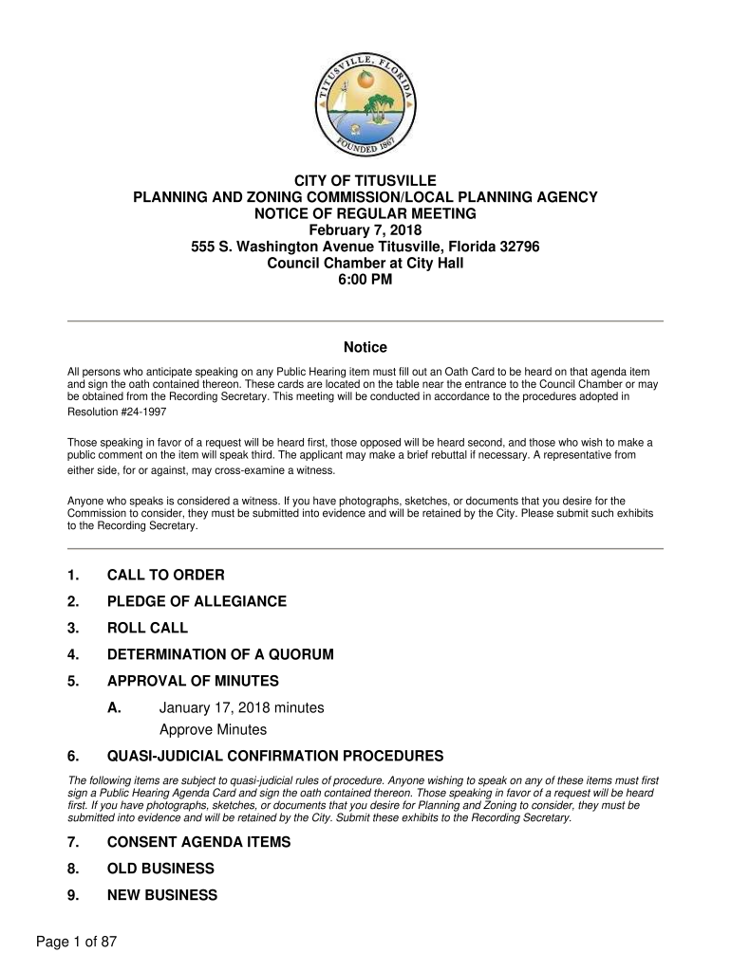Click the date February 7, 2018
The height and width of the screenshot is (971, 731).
(365, 230)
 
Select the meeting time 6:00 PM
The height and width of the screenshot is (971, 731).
(365, 280)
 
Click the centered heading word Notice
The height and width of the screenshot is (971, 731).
(365, 348)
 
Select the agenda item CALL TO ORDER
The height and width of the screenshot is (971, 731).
(165, 576)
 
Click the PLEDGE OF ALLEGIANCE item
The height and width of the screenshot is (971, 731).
(197, 602)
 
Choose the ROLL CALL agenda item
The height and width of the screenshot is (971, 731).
(147, 629)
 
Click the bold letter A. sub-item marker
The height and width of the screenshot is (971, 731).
(114, 707)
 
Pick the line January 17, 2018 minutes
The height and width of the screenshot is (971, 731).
(241, 707)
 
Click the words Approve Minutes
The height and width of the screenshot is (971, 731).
(213, 730)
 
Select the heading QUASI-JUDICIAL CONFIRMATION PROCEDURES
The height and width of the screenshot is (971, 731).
(275, 757)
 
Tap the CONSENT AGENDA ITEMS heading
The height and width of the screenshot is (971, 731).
(212, 842)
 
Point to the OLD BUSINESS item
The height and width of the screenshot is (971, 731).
(160, 869)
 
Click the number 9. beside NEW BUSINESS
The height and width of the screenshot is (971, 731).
(73, 895)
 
